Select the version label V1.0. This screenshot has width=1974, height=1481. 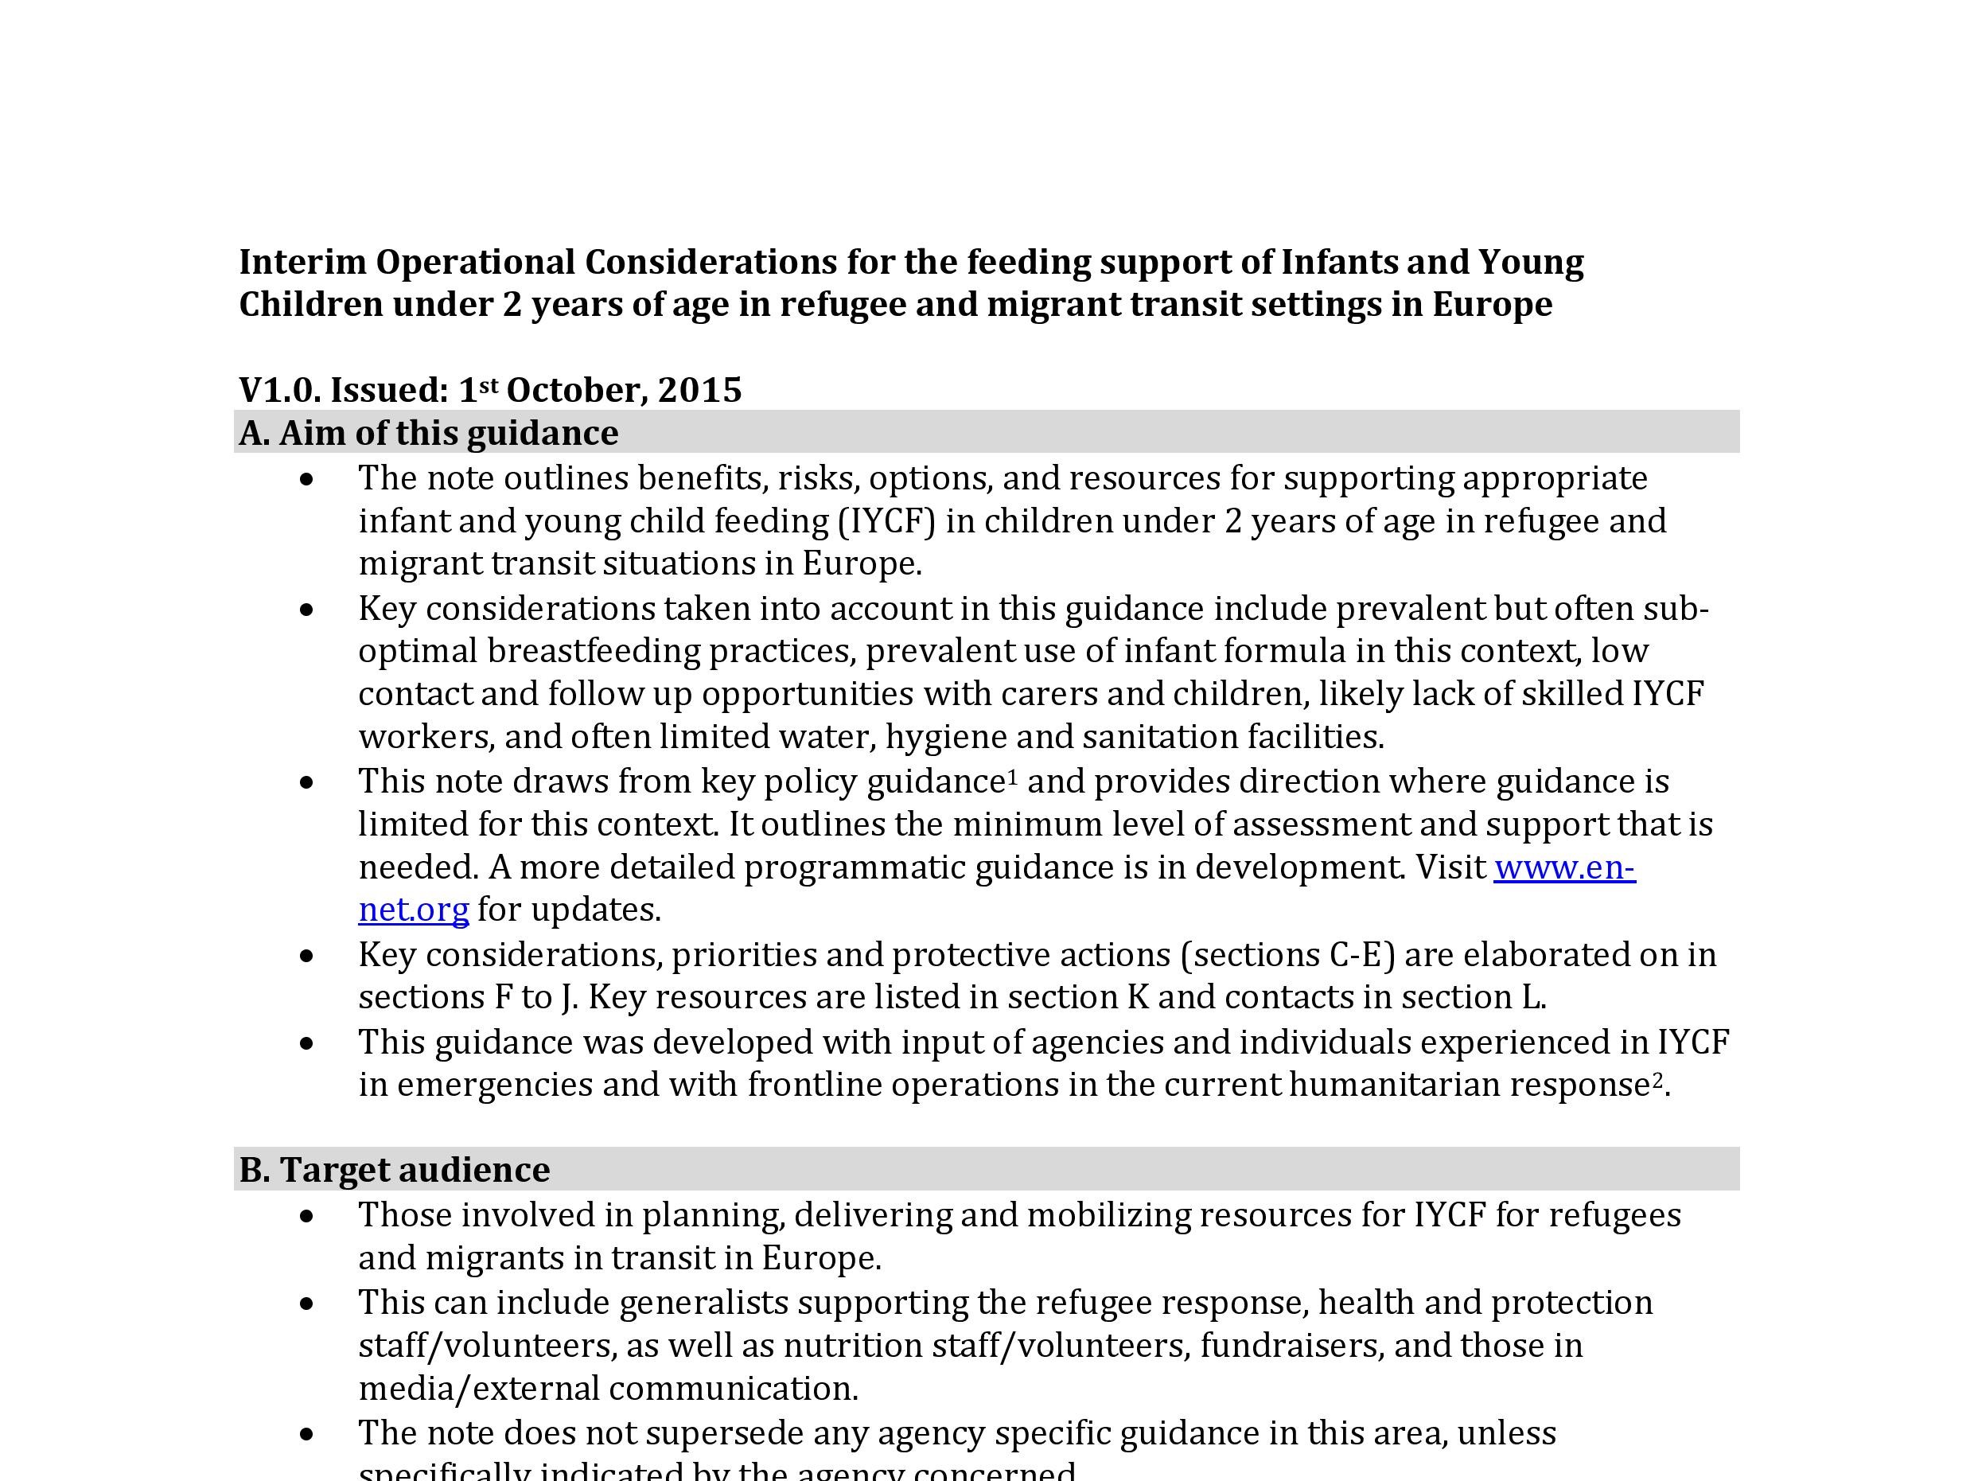(x=279, y=390)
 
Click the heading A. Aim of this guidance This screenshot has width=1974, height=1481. (x=428, y=433)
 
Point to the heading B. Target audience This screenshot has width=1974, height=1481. (x=395, y=1170)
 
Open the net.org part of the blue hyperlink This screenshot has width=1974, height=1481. (x=413, y=910)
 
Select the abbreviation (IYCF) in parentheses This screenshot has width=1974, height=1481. (x=886, y=520)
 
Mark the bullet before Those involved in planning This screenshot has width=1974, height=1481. (x=308, y=1216)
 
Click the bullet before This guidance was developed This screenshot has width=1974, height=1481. (x=308, y=1043)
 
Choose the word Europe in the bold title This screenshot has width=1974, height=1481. (x=1492, y=305)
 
